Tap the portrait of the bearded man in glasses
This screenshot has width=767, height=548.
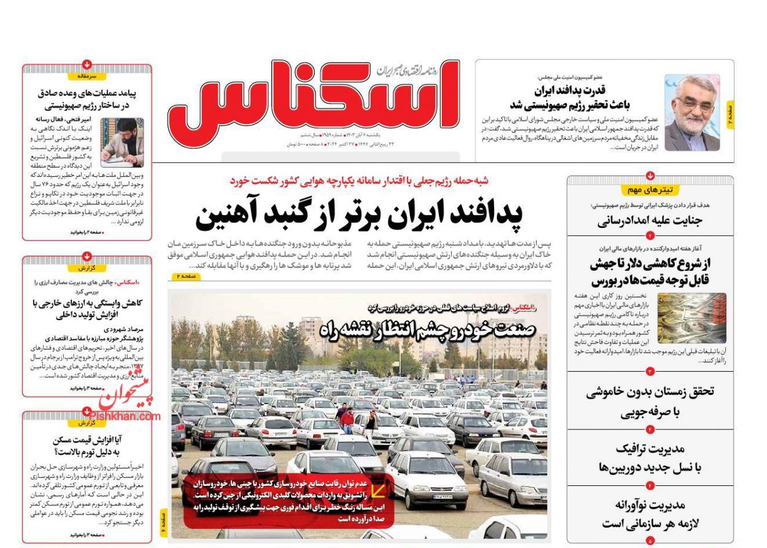692,113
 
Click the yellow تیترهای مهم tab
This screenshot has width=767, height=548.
650,190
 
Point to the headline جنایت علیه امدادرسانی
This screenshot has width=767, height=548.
650,221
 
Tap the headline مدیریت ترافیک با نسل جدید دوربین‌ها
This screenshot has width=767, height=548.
650,458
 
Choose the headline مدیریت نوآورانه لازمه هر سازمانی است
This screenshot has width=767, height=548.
650,514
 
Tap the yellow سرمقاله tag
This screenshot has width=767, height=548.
87,76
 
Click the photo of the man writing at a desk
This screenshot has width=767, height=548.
122,143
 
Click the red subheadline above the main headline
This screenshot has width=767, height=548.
358,181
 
